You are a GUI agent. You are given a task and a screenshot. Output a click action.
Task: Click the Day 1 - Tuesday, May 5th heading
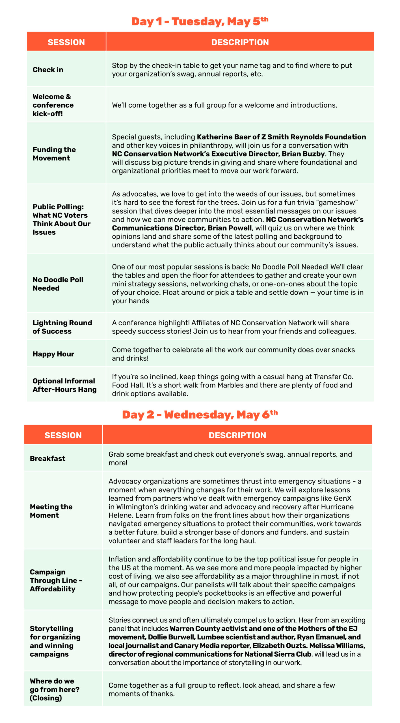tap(200, 22)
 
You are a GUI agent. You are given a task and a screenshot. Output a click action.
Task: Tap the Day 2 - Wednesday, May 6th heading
tap(200, 415)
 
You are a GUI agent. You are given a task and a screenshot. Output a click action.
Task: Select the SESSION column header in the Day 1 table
tap(66, 42)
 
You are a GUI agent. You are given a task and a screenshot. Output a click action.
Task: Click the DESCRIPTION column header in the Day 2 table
tap(237, 435)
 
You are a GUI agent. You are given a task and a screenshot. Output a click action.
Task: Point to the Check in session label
tap(48, 69)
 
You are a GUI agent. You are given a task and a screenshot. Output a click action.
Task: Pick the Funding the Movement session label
tap(54, 154)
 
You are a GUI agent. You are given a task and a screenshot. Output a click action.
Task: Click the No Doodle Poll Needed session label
tap(58, 284)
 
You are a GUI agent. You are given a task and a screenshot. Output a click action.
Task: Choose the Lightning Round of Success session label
tap(62, 327)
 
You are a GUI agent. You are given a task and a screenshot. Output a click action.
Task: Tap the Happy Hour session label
tap(53, 354)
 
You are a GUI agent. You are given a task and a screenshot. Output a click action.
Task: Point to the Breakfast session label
tap(47, 458)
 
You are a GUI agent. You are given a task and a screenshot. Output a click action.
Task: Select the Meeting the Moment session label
tap(51, 511)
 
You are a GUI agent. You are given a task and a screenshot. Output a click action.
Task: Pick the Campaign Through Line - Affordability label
tap(56, 580)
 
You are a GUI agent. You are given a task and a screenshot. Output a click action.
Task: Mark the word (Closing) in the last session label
tap(46, 698)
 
